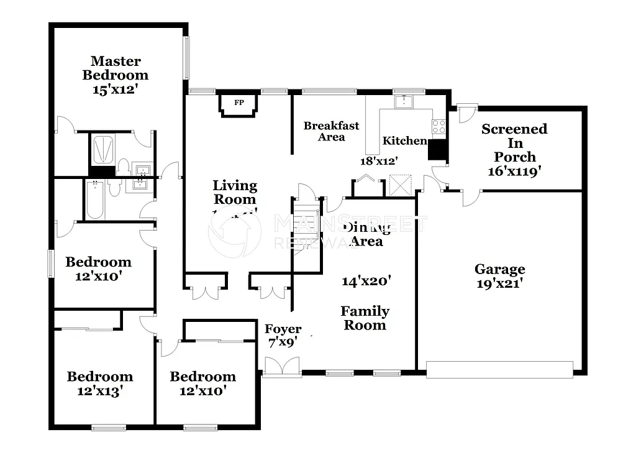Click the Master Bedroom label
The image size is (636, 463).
tap(116, 68)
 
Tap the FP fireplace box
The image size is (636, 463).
tap(238, 103)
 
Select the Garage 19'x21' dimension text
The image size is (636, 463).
tap(500, 283)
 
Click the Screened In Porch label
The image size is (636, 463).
tap(515, 143)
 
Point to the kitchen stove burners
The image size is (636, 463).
tap(438, 126)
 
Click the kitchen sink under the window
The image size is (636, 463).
tap(405, 101)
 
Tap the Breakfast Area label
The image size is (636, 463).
tap(331, 131)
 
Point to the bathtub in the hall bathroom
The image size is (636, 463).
tap(95, 199)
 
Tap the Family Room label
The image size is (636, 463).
tap(365, 318)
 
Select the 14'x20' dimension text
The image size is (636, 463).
tap(366, 281)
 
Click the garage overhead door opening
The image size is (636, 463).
tap(500, 370)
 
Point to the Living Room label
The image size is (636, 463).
tap(235, 192)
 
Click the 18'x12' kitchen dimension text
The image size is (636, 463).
tap(379, 160)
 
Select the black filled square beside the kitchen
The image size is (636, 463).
tap(438, 150)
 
